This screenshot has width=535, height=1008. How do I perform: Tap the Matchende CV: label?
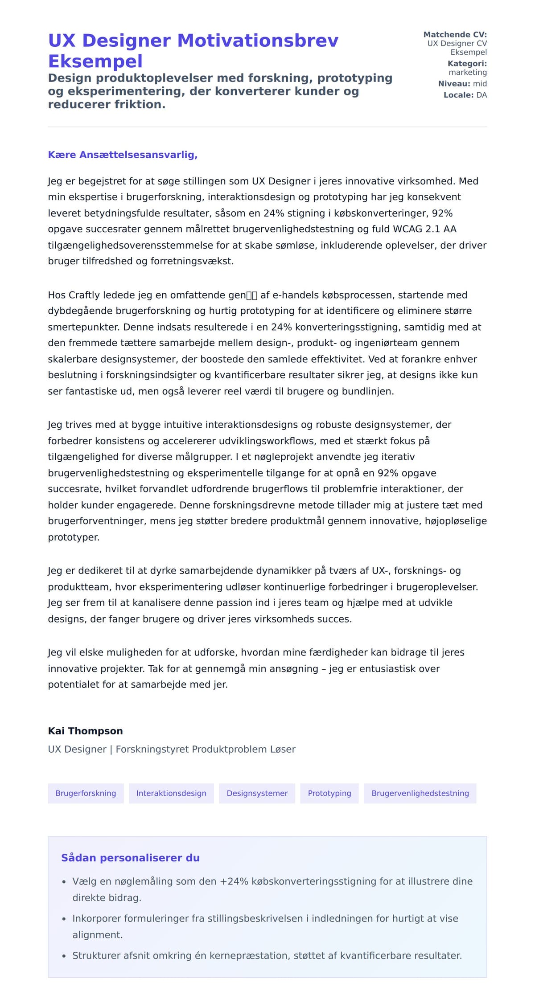tap(455, 34)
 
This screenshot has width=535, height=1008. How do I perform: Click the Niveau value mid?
tap(480, 83)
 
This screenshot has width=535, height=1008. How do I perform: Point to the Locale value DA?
tap(481, 95)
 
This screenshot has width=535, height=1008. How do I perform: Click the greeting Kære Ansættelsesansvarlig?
tap(123, 155)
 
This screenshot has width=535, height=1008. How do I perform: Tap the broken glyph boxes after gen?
tap(252, 295)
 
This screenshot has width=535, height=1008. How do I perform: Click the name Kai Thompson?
tap(85, 731)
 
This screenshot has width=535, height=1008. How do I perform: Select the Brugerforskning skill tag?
tap(86, 793)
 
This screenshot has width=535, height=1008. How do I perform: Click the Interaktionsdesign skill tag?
tap(171, 793)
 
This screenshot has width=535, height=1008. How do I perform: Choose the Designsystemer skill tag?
tap(257, 793)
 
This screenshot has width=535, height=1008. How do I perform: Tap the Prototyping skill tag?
tap(329, 793)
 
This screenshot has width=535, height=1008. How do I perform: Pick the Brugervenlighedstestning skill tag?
tap(420, 793)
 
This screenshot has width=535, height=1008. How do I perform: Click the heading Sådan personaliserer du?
tap(130, 858)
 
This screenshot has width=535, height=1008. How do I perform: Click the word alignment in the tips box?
tap(97, 935)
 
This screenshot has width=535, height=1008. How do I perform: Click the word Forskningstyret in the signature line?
tap(152, 749)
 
